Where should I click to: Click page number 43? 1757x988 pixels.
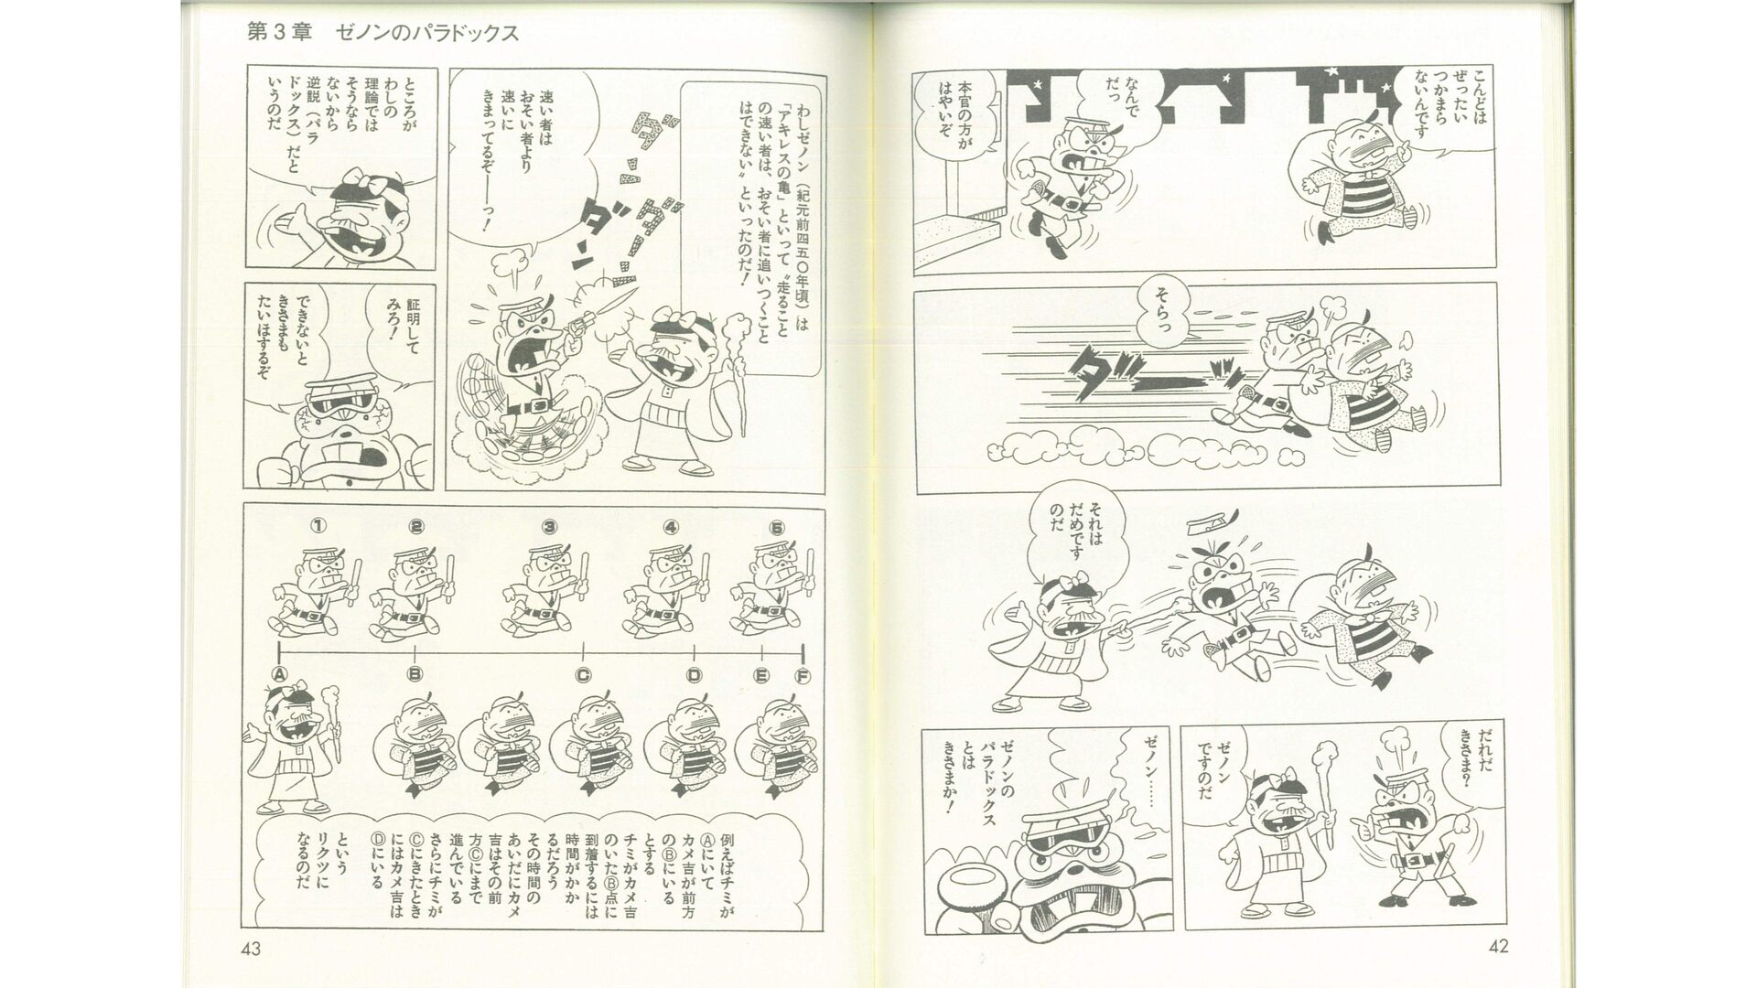(x=251, y=949)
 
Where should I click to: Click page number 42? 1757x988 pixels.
(x=1498, y=947)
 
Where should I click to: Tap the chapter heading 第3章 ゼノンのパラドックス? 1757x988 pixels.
(x=383, y=33)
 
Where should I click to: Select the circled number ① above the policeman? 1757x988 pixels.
(x=318, y=526)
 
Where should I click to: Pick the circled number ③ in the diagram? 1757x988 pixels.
(x=549, y=526)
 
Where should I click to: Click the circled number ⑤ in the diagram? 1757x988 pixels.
(x=777, y=526)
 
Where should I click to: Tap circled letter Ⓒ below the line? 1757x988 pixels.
(x=583, y=675)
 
